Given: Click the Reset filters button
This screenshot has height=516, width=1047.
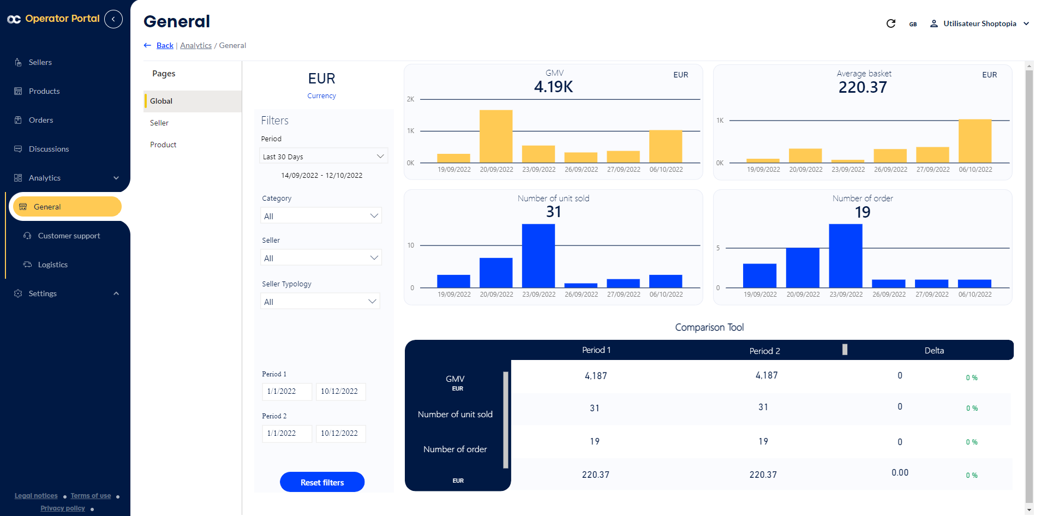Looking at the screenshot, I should click(x=322, y=482).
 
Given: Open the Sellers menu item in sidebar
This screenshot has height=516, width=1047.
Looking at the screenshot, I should click(x=40, y=62).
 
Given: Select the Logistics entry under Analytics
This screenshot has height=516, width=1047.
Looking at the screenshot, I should click(x=52, y=265).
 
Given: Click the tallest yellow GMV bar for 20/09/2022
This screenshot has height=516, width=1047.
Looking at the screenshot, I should click(x=495, y=136).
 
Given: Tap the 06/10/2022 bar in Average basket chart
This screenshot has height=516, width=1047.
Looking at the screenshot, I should click(x=974, y=141).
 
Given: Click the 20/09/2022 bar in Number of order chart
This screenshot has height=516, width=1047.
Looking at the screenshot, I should click(x=802, y=267).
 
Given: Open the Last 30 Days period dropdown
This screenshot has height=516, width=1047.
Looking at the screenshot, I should click(x=323, y=157).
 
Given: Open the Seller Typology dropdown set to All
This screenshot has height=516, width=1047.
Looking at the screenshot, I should click(x=320, y=302).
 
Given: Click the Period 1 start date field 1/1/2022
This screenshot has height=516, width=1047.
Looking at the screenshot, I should click(x=286, y=391).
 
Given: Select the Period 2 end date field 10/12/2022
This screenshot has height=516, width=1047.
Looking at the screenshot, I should click(x=340, y=433).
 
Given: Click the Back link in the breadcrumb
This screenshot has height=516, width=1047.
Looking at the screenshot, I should click(x=165, y=45).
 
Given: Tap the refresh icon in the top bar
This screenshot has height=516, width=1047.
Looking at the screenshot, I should click(x=890, y=23).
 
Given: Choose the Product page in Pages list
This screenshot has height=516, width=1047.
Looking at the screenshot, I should click(x=163, y=145).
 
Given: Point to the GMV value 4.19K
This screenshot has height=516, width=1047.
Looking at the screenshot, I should click(x=553, y=87).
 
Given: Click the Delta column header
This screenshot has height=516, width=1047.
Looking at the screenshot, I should click(x=934, y=350).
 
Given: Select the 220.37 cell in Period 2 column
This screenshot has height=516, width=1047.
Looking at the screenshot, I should click(x=763, y=475).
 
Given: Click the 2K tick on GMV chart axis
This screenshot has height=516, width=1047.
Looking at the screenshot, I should click(x=410, y=99).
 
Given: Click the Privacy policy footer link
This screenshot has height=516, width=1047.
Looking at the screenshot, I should click(x=63, y=508).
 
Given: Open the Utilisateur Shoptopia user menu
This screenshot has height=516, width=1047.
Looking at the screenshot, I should click(x=979, y=23).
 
